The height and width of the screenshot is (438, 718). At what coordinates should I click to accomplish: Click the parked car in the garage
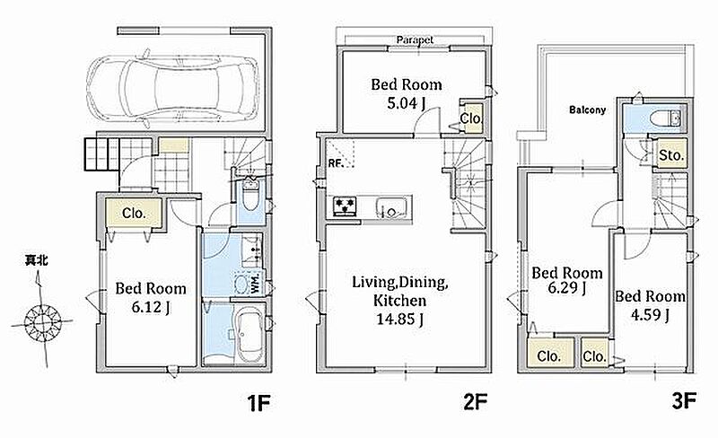click(171, 88)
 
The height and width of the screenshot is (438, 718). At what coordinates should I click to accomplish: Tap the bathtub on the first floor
click(250, 333)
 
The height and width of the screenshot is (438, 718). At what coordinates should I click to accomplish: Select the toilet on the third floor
click(666, 118)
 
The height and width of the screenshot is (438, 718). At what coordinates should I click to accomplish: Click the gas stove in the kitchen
click(345, 206)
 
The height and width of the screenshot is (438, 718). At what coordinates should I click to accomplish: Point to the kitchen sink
click(391, 207)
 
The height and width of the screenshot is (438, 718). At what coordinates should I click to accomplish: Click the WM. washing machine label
click(255, 284)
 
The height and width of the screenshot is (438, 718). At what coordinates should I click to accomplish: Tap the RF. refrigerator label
click(336, 163)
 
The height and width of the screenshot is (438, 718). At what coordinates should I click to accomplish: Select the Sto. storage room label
click(670, 155)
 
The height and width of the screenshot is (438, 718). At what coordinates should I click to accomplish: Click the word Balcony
click(588, 110)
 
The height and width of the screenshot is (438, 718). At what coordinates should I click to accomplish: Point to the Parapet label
click(415, 39)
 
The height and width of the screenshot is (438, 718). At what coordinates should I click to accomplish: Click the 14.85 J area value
click(399, 319)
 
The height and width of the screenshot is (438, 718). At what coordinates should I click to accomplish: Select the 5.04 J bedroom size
click(407, 103)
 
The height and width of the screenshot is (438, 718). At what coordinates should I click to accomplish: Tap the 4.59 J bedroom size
click(650, 315)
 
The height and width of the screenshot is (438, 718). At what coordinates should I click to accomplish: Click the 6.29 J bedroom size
click(567, 288)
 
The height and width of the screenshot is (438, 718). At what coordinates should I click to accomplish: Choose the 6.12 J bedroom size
click(151, 306)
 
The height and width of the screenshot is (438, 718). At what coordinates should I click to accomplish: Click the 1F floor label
click(258, 403)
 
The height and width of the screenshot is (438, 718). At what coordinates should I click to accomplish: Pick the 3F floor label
click(684, 401)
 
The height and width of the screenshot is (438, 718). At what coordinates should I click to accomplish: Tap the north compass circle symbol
click(42, 322)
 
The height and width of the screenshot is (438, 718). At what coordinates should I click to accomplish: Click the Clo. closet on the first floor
click(134, 213)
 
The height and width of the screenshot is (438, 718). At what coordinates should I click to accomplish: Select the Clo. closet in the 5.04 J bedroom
click(470, 118)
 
